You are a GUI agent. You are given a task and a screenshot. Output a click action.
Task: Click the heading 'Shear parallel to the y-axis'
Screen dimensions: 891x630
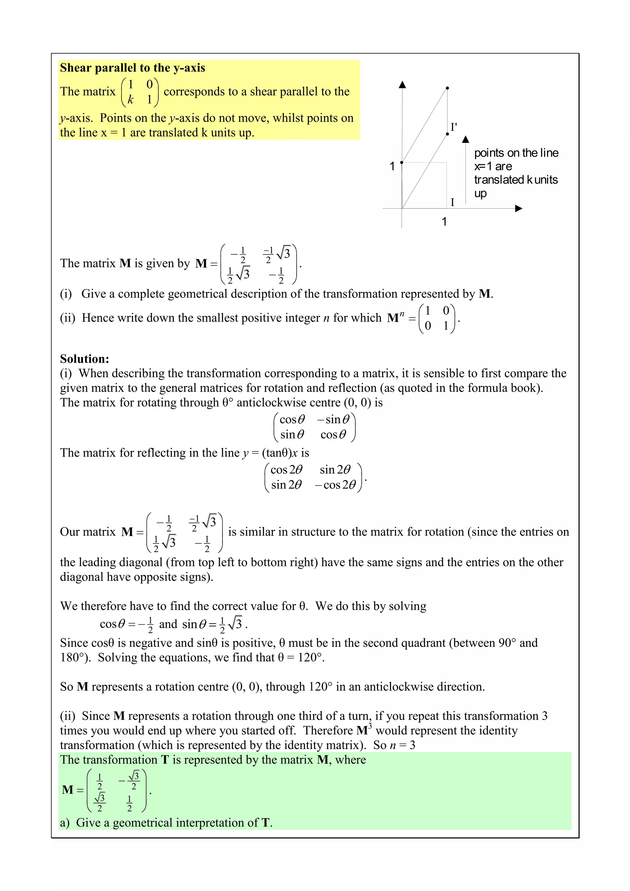click(132, 68)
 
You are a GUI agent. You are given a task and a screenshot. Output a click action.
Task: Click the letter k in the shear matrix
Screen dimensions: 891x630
click(130, 100)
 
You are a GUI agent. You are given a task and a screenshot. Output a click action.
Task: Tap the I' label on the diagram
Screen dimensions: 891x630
click(453, 127)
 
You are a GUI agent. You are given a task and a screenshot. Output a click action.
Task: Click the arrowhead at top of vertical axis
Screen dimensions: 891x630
click(403, 84)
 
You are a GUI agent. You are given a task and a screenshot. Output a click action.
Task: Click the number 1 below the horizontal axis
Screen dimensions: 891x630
click(444, 221)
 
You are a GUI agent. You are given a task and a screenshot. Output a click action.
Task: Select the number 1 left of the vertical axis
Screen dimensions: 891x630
click(392, 166)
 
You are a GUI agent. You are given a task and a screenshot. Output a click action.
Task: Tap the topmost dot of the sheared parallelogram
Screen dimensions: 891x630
click(447, 88)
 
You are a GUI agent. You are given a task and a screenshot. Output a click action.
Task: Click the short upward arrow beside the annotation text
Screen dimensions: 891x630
click(466, 167)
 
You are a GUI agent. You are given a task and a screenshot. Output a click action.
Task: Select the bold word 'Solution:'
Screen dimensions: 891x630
click(85, 359)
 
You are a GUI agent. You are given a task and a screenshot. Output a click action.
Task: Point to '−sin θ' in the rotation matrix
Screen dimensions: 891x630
click(333, 420)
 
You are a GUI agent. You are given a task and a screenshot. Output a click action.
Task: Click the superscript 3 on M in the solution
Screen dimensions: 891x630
click(370, 725)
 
